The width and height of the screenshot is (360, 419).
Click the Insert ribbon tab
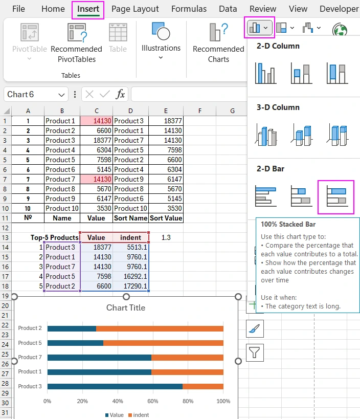pos(88,9)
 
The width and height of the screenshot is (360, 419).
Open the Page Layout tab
pos(135,9)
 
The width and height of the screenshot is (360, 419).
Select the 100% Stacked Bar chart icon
pos(335,197)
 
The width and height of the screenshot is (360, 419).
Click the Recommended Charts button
pos(218,43)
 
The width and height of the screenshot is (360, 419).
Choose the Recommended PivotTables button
pos(76,43)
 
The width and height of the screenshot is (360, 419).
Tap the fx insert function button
pos(120,94)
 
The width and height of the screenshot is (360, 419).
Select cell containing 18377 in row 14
pos(96,247)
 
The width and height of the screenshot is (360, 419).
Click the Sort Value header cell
pos(166,218)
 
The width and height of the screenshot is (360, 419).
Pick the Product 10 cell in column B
pos(62,208)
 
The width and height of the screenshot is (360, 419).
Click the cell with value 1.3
pos(166,237)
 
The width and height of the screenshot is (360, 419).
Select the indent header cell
pos(130,237)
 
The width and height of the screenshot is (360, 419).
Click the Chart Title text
pos(126,307)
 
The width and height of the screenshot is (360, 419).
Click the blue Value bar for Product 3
pos(115,386)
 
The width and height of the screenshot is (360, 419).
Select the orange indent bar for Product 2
pos(160,328)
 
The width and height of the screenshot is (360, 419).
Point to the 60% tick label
pos(153,401)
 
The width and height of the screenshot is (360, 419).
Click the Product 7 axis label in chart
pos(30,357)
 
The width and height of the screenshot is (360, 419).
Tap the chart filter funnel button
pos(255,352)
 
